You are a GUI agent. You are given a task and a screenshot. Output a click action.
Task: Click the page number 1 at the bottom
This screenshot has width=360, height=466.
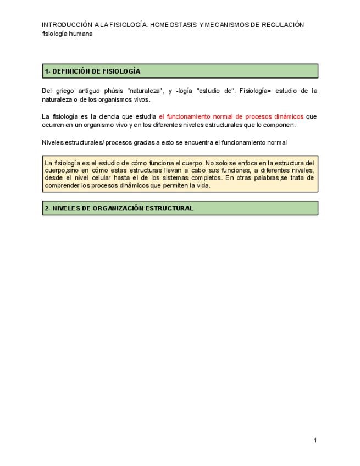[315, 440]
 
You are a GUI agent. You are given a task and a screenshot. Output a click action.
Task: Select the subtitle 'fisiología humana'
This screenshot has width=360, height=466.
[67, 33]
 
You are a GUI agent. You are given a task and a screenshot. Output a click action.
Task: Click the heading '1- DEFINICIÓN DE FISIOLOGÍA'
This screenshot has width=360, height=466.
[92, 71]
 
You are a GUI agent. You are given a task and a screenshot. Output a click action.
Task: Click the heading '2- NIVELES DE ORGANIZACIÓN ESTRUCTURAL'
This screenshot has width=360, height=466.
[119, 208]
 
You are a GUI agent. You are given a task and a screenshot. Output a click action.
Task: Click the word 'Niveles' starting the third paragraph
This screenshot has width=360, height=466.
[52, 142]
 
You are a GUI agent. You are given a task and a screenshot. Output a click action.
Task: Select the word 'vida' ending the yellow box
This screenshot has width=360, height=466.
[203, 186]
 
